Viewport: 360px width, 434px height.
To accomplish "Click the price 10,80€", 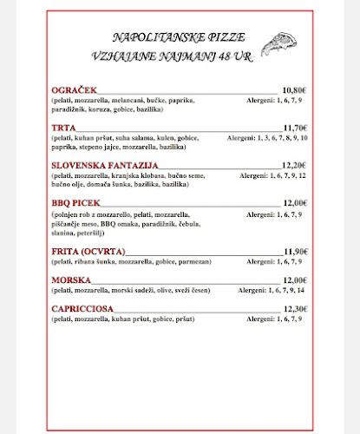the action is (x=295, y=89).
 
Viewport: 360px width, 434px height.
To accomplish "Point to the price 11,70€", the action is (x=295, y=128).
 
